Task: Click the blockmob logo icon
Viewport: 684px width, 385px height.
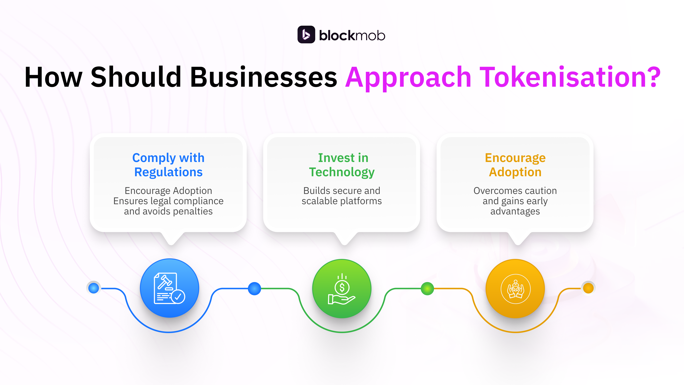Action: coord(306,35)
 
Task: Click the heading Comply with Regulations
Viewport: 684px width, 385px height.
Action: coord(168,165)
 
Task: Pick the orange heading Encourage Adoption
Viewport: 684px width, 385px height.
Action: coord(515,165)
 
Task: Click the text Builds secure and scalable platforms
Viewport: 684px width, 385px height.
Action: coord(342,196)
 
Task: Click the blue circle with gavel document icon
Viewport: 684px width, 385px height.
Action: coord(169,288)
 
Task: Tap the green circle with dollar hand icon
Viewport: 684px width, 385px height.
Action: coord(342,289)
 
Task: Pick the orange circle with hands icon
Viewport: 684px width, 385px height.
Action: coord(515,289)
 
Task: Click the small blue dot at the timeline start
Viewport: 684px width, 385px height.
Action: coord(93,288)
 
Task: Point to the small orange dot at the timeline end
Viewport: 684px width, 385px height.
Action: coord(588,288)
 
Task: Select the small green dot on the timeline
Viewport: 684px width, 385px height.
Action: coord(427,289)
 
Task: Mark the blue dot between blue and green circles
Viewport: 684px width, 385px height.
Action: coord(254,289)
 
